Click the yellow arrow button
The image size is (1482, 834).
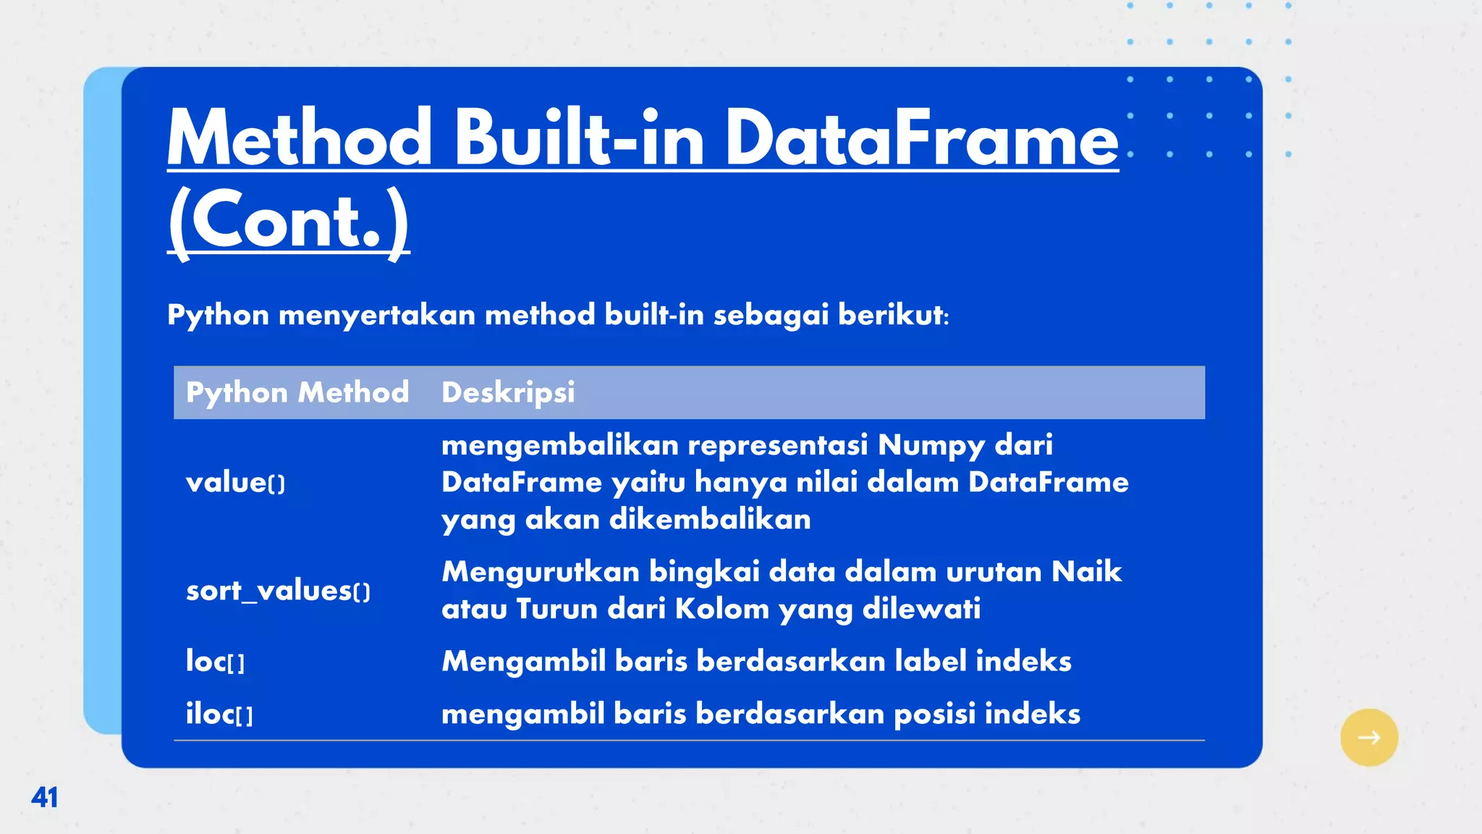[x=1368, y=737]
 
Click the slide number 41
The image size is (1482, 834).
[x=44, y=797]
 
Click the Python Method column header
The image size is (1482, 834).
[x=297, y=392]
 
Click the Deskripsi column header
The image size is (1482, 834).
[x=508, y=392]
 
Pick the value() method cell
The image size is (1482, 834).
[x=235, y=482]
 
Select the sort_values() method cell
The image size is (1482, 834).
[x=278, y=591]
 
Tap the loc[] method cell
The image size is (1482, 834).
[x=215, y=661]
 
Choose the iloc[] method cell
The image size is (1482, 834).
[x=219, y=714]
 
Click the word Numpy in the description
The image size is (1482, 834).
[x=931, y=445]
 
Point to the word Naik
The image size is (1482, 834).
[x=1086, y=571]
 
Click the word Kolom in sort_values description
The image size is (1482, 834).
[x=721, y=609]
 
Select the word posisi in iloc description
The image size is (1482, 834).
[x=934, y=714]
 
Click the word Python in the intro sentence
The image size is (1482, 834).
[x=218, y=316]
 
